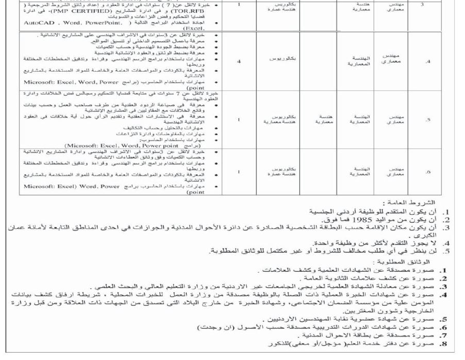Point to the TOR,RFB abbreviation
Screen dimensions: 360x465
coord(182,10)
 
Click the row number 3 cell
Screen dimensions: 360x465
coord(423,4)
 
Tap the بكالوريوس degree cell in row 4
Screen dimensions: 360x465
coord(281,59)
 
